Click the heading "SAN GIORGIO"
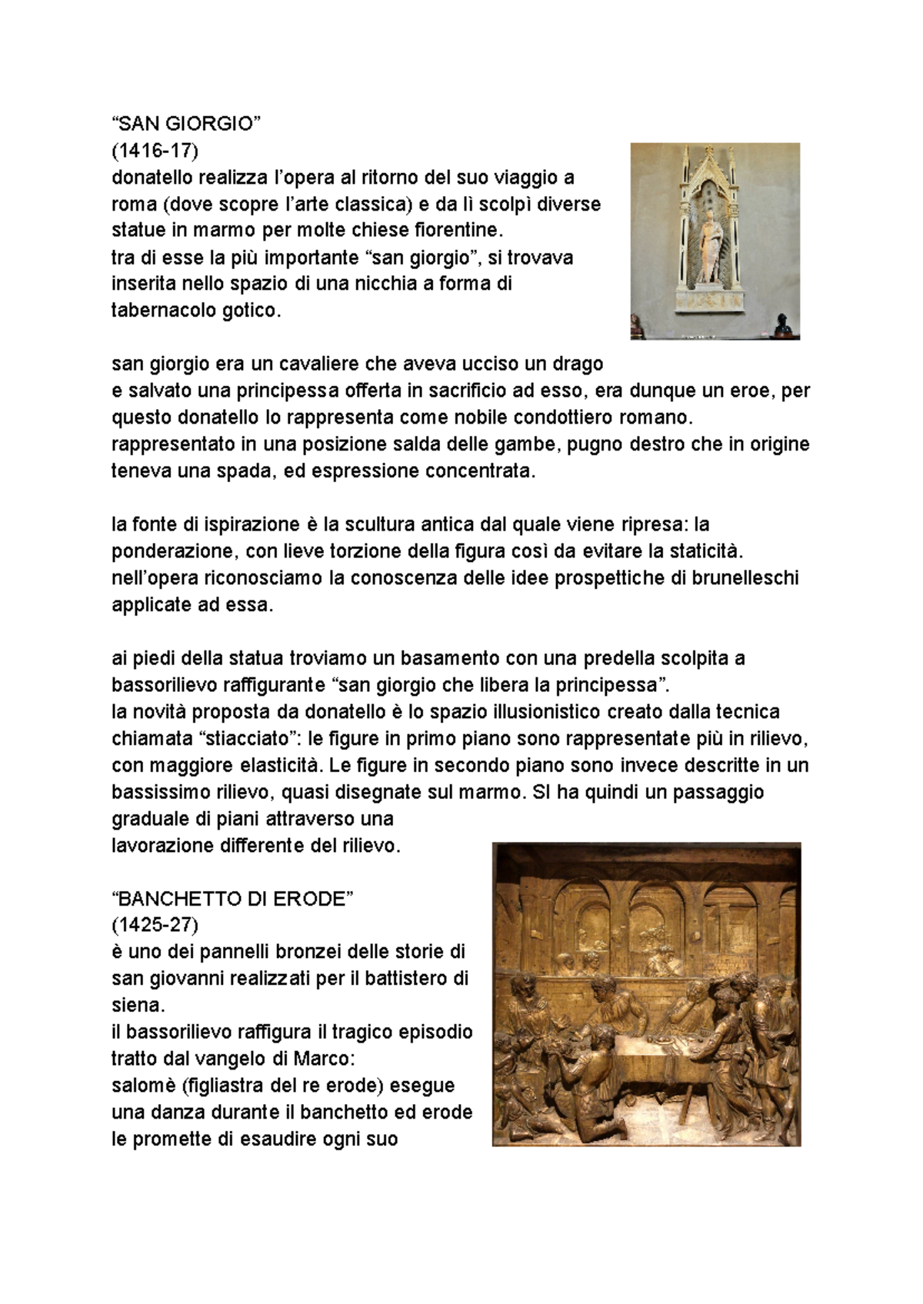[187, 125]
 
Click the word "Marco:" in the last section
[325, 1059]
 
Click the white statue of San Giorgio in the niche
[709, 248]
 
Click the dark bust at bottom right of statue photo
[782, 323]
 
